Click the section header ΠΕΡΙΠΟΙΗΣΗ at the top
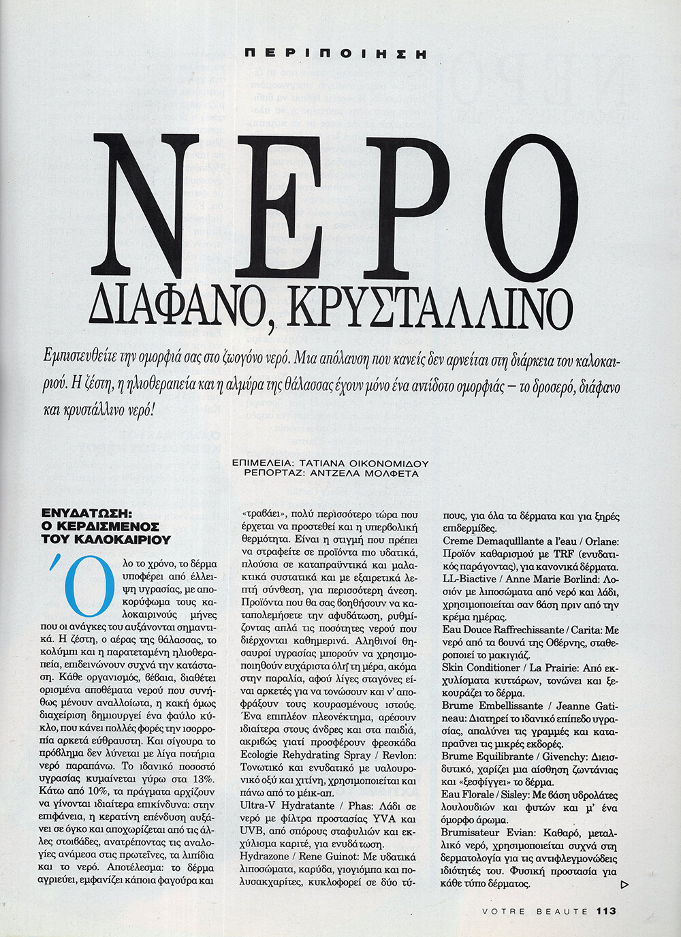pyautogui.click(x=334, y=52)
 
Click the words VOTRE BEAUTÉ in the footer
pyautogui.click(x=535, y=911)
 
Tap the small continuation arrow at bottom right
pyautogui.click(x=625, y=885)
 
